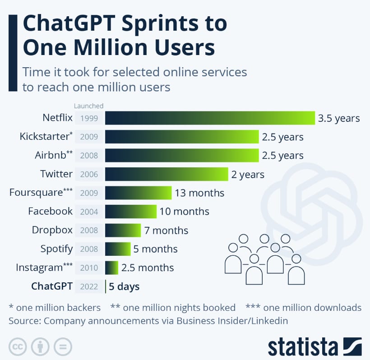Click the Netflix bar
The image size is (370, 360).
(x=210, y=118)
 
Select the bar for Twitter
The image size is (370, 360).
(x=166, y=174)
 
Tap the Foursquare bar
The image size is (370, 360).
(x=138, y=193)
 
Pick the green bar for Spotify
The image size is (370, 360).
(x=118, y=249)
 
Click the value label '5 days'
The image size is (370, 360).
(x=124, y=286)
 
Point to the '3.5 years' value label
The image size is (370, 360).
(x=339, y=119)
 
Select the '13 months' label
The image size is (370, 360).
(x=199, y=193)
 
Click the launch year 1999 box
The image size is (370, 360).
(x=89, y=119)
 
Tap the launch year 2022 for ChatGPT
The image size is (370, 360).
(x=89, y=286)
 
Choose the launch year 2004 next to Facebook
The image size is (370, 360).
(x=89, y=212)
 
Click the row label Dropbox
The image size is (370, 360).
(x=52, y=230)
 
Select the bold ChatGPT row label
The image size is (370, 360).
(x=51, y=286)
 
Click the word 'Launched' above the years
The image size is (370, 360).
(x=89, y=106)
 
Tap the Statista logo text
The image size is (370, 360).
(x=302, y=347)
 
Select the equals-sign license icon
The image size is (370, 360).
(x=63, y=346)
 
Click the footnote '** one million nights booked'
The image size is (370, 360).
(x=173, y=308)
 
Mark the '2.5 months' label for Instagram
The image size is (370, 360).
(x=148, y=268)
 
